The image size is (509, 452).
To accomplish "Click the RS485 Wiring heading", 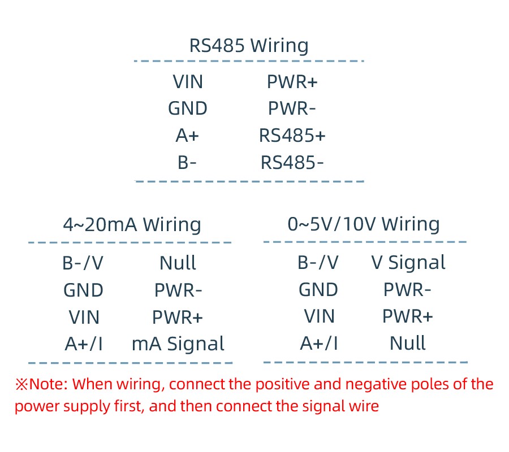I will click(x=249, y=45).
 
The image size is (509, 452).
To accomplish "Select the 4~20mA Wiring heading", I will click(x=132, y=225).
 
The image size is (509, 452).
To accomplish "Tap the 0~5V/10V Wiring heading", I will click(x=364, y=224).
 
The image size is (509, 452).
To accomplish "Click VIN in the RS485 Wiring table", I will click(x=188, y=82).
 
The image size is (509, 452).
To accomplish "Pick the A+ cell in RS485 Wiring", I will click(x=188, y=136).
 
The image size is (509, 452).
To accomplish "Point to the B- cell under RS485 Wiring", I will click(x=187, y=163).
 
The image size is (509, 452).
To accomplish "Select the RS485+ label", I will click(x=292, y=136).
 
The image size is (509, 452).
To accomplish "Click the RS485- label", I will click(x=292, y=163).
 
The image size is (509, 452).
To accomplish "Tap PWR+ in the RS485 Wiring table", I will click(x=292, y=82).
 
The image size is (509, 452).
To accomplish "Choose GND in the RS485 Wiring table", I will click(x=188, y=108).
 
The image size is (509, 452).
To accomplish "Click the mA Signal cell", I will click(x=178, y=344).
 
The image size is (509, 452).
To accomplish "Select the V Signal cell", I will click(x=408, y=263).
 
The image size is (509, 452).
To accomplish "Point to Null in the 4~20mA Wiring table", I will click(x=178, y=263).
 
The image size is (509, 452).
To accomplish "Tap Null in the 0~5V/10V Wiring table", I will click(x=408, y=344).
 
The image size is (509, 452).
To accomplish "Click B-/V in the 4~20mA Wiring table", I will click(x=83, y=263).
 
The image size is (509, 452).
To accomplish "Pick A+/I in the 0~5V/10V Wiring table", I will click(x=319, y=344).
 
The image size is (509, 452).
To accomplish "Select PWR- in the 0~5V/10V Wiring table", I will click(x=408, y=290).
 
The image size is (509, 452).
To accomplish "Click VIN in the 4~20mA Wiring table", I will click(x=84, y=318).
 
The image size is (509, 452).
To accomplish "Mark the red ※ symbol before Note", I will click(x=21, y=385).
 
